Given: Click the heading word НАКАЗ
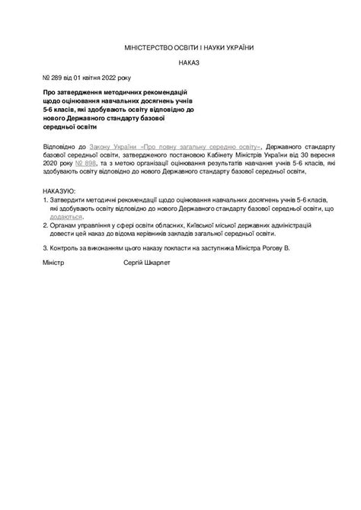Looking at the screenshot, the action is coord(189,63).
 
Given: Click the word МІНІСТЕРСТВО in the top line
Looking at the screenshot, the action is coord(152,48).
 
